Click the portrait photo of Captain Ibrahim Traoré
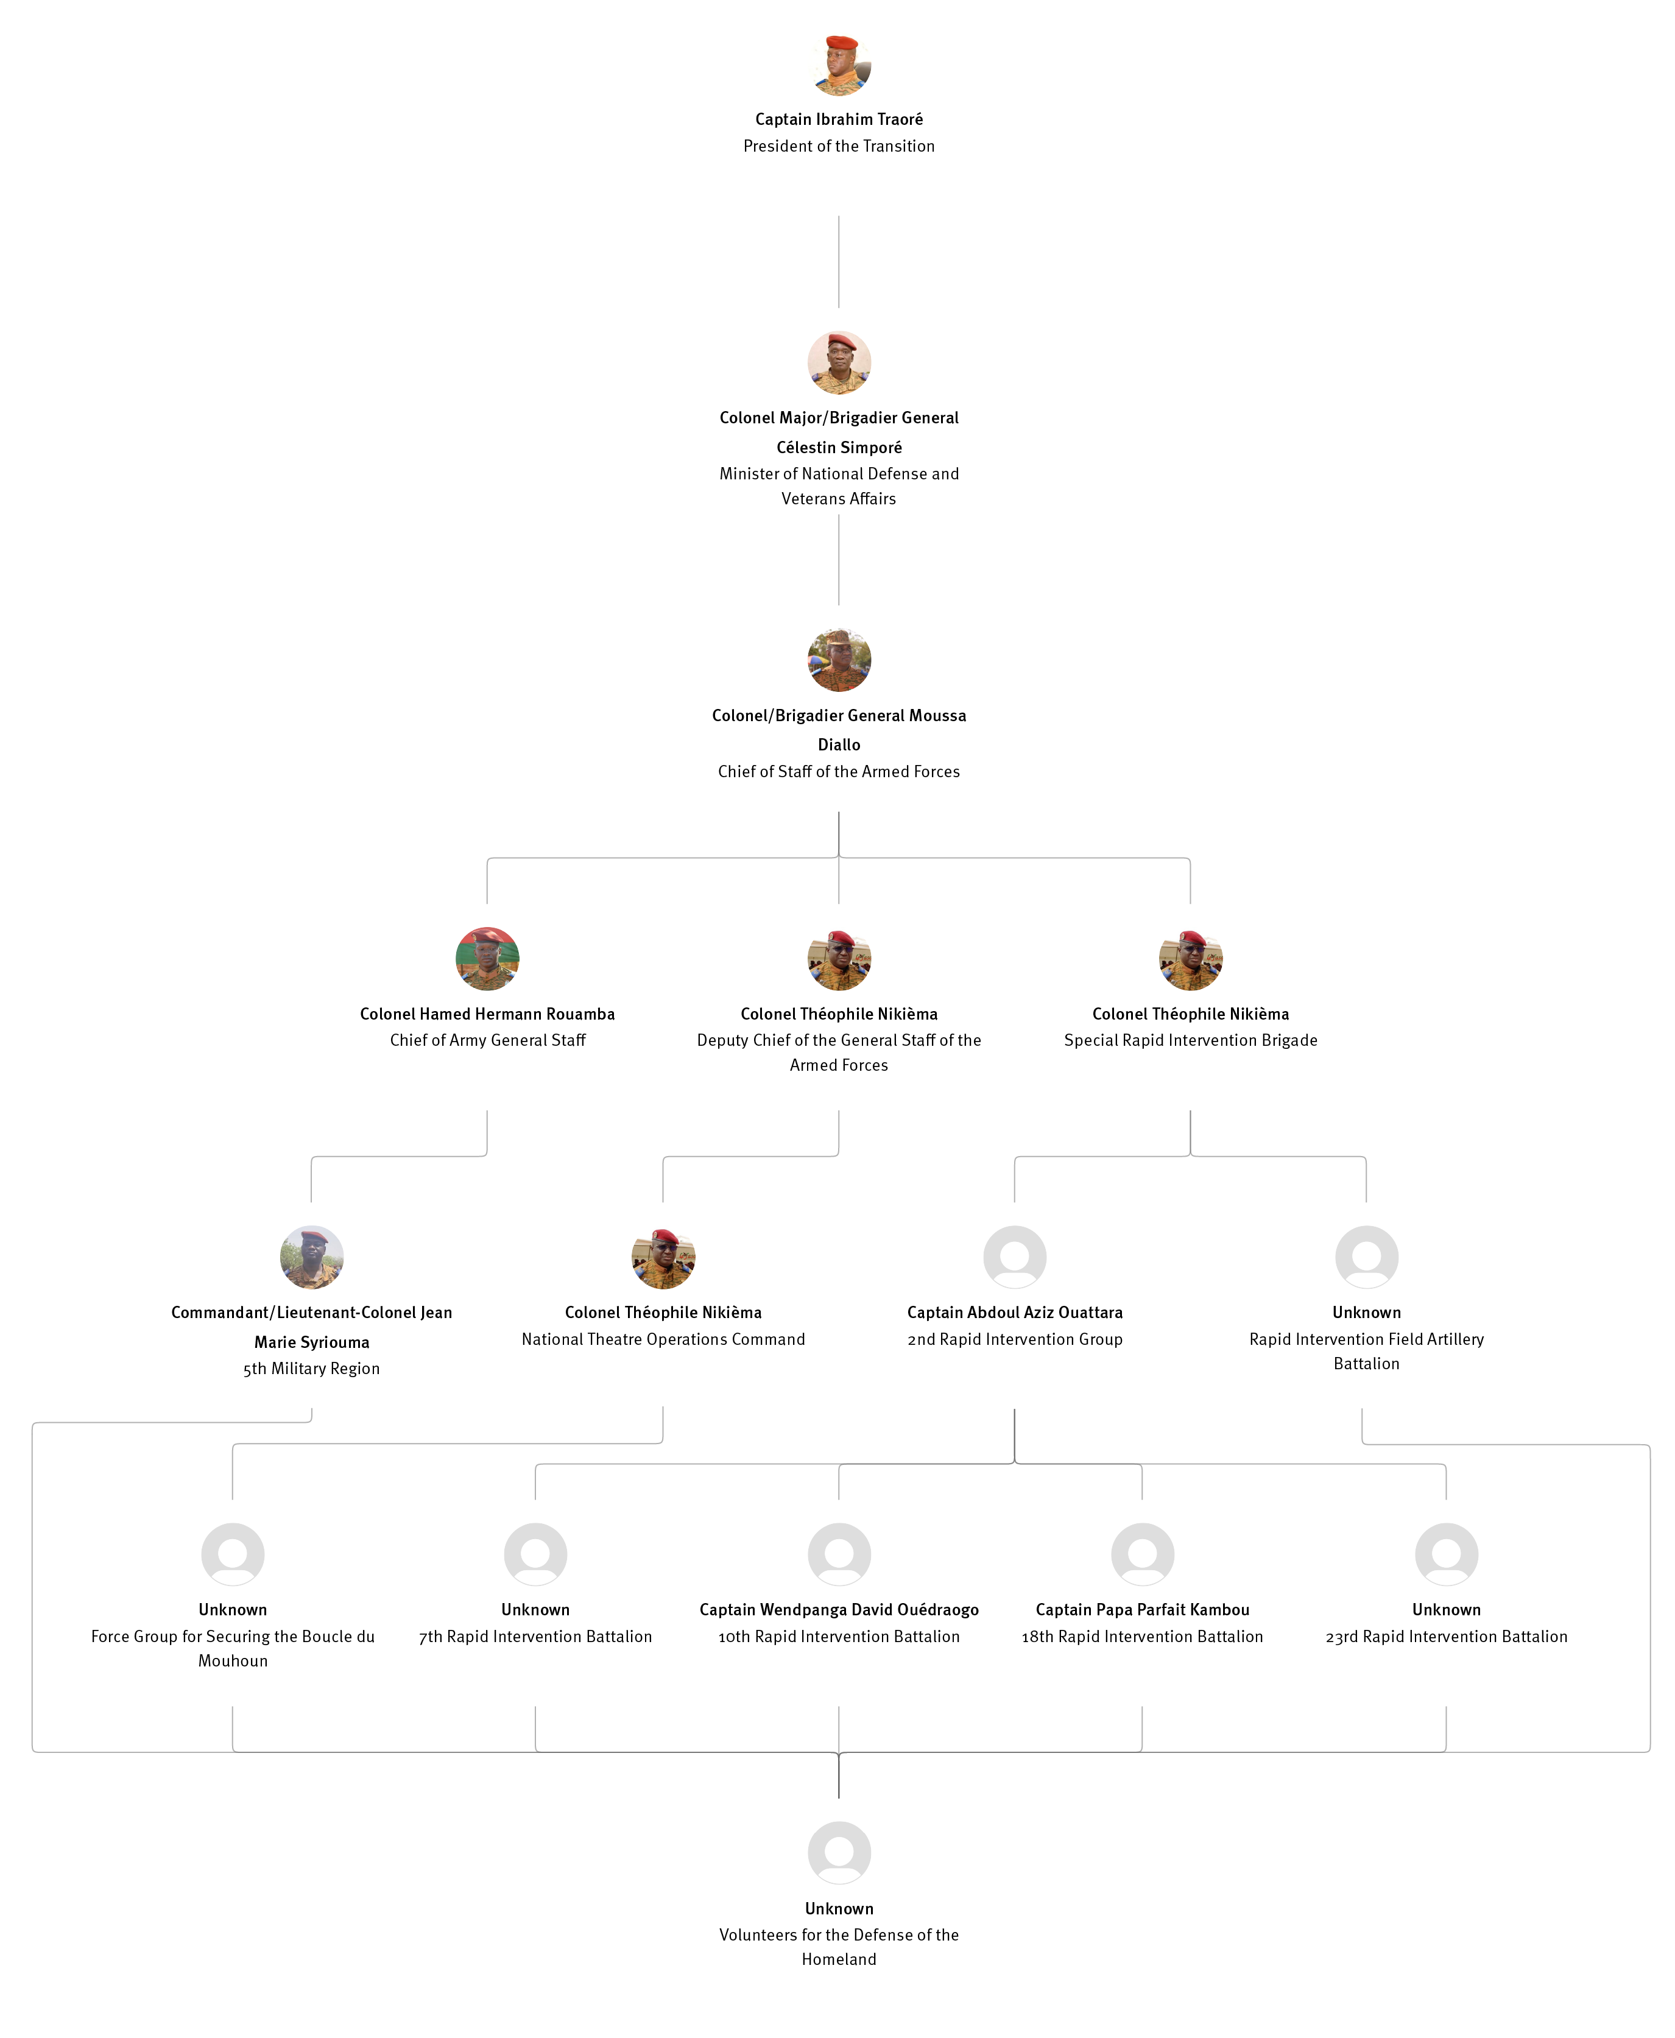pos(839,65)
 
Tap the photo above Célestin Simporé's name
pos(839,363)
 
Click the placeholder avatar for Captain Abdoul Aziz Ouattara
pos(1015,1257)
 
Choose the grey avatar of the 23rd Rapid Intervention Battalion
pos(1447,1554)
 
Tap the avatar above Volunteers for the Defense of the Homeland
pos(839,1853)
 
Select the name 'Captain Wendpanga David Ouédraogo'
pos(839,1610)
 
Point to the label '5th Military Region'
pos(312,1369)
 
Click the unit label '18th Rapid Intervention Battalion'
pos(1143,1637)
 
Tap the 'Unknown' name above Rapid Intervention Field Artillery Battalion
pos(1366,1313)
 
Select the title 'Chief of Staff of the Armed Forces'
pos(839,772)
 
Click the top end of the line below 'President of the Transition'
pos(839,216)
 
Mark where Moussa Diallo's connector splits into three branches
pos(839,858)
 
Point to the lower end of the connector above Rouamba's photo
pos(487,903)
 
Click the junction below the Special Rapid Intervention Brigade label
pos(1191,1156)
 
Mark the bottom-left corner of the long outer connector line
pos(33,1751)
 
